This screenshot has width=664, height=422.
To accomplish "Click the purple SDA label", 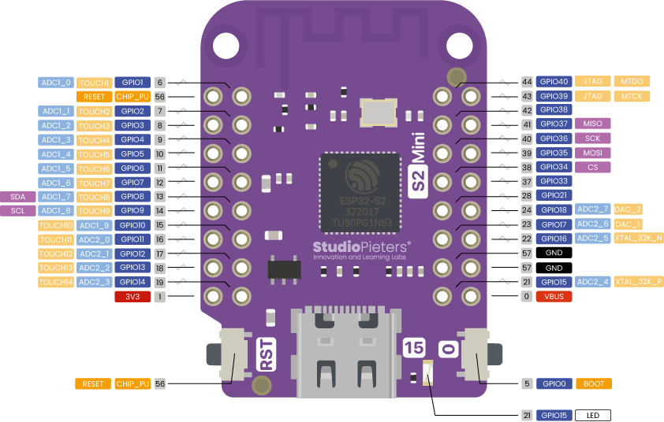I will [18, 196].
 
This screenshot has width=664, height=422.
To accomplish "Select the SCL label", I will [18, 210].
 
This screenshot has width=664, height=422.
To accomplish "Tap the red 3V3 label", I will [132, 297].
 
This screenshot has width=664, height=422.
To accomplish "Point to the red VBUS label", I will [553, 297].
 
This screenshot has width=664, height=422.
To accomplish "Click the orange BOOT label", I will [593, 383].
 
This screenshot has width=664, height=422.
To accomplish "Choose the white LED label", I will [593, 415].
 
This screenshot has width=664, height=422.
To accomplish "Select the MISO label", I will [593, 124].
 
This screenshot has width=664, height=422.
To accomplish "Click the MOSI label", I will [593, 153].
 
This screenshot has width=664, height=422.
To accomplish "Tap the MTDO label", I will [631, 81].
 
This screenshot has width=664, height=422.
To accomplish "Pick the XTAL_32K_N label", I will [638, 238].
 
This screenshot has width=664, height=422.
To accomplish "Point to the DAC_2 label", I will [629, 209].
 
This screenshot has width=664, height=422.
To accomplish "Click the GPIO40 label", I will [553, 81].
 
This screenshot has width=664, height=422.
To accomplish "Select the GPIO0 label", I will [553, 383].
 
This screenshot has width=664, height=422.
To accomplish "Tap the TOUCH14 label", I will [56, 282].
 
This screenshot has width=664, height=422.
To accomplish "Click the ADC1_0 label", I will [56, 82].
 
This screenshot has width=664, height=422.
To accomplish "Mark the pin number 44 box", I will [527, 81].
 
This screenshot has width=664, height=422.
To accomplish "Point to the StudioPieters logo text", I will [361, 247].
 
